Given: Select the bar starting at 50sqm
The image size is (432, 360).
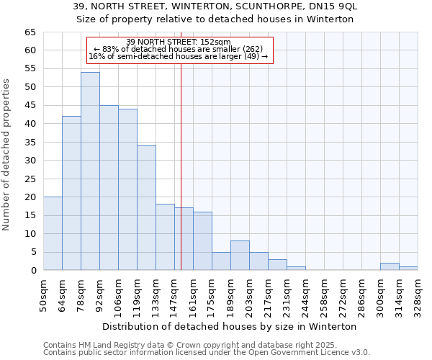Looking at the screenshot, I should pyautogui.click(x=53, y=233).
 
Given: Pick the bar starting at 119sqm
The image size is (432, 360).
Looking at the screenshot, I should pyautogui.click(x=146, y=208).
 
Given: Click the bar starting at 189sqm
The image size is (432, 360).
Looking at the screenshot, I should pyautogui.click(x=240, y=256).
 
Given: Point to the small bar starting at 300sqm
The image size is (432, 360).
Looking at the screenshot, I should pyautogui.click(x=390, y=266).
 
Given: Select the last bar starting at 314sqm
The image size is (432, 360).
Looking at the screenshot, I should pyautogui.click(x=408, y=269).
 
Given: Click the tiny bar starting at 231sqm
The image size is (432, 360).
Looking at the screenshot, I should pyautogui.click(x=296, y=269).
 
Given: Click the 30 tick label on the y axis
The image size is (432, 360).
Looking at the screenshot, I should pyautogui.click(x=30, y=161).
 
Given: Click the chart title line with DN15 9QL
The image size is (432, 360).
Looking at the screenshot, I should pyautogui.click(x=215, y=6).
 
